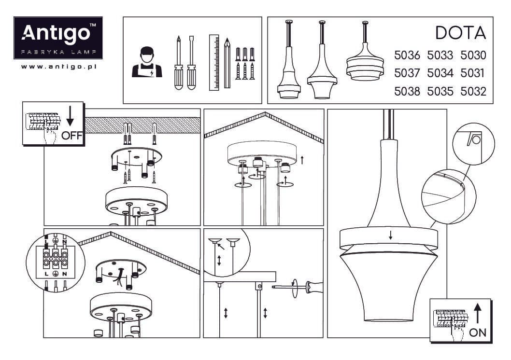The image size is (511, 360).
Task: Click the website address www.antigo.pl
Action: click(59, 67)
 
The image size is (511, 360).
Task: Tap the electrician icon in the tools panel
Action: click(147, 62)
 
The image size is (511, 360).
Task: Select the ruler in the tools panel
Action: click(214, 63)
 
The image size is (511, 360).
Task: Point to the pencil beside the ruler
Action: click(227, 63)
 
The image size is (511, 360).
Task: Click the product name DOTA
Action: click(461, 33)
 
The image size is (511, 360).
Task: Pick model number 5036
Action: click(407, 55)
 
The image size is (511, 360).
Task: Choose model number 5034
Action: click(440, 73)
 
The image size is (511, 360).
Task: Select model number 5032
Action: click(473, 92)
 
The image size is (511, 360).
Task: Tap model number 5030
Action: click(473, 55)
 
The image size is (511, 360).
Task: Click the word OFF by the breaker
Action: click(72, 136)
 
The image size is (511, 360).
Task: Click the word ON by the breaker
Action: click(478, 332)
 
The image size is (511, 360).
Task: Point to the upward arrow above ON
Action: click(478, 313)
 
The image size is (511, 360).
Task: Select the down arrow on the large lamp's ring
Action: click(390, 235)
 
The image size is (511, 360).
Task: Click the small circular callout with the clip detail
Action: click(473, 143)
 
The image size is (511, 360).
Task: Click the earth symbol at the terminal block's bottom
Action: click(56, 274)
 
